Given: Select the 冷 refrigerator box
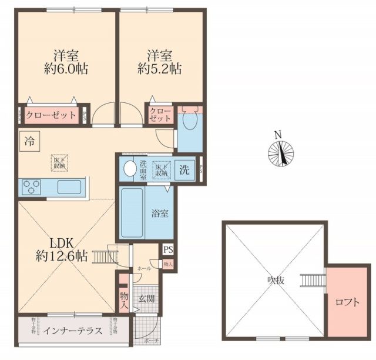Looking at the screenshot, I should (29, 141).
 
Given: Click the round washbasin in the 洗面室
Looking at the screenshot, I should (129, 170).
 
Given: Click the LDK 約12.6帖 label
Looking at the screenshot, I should (61, 249).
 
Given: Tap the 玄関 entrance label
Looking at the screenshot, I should (146, 298).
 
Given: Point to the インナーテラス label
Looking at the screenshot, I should (73, 331).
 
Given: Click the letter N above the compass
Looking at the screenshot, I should (280, 134).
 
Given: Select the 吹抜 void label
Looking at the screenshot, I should (274, 281).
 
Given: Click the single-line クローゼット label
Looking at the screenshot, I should (51, 115).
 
